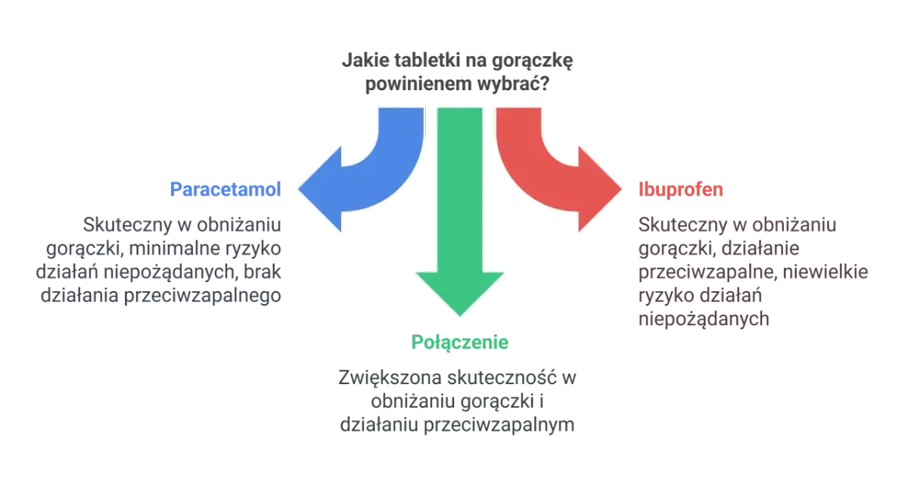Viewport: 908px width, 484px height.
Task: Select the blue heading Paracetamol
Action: [x=226, y=188]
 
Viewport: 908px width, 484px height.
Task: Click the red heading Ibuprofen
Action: [x=682, y=188]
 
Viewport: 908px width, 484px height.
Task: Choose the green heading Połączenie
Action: [x=462, y=342]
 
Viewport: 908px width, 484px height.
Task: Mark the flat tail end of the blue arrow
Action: [x=400, y=111]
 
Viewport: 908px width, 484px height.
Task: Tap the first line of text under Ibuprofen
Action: [x=741, y=225]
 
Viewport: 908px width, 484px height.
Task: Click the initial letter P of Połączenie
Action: [x=417, y=342]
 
